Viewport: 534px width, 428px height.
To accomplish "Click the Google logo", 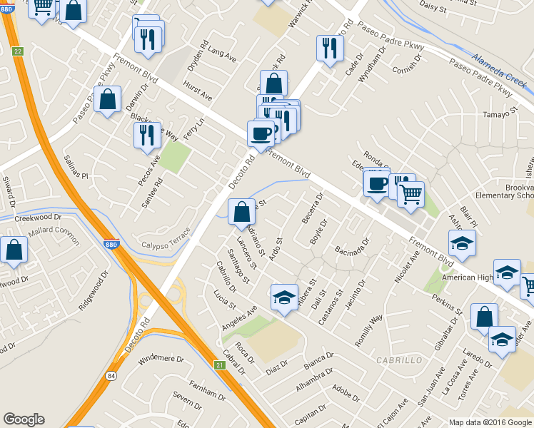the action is [24, 419].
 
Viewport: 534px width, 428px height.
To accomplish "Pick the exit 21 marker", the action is [219, 365].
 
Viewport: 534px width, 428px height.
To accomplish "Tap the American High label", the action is [468, 277].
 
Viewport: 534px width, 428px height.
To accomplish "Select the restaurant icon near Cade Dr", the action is [330, 48].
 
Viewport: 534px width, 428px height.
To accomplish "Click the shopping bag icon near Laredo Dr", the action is [484, 315].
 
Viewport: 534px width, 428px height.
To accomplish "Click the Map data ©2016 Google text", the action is [490, 422].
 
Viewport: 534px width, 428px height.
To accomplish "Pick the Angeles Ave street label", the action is [241, 315].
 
